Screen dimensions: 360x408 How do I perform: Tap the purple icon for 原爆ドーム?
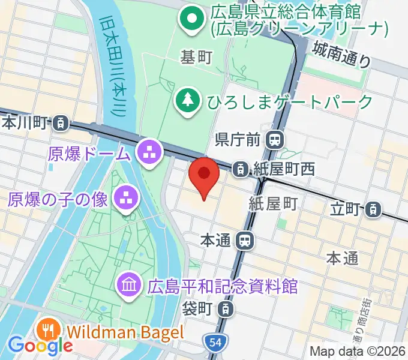147,154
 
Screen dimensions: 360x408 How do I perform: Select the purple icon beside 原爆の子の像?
125,199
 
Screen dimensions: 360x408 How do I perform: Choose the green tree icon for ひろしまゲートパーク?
188,101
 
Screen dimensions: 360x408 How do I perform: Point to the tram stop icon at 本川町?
60,124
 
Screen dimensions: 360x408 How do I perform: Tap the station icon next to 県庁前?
275,140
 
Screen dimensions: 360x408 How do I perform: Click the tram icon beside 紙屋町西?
240,169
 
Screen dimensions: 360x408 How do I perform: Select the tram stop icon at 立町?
373,209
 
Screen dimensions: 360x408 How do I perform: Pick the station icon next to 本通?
244,241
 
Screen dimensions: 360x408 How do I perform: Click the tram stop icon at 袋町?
224,310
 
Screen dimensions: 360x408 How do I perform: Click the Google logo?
40,345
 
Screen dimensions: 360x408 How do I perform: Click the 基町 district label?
197,58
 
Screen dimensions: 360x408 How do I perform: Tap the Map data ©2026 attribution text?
358,351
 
